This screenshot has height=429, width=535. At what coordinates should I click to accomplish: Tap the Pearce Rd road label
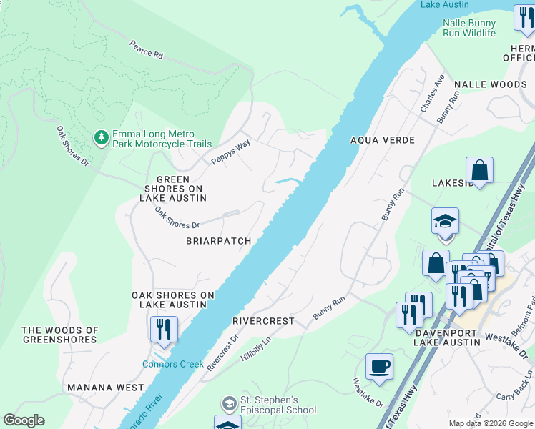[x=147, y=49]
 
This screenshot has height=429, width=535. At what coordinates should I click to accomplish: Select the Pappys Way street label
[x=231, y=152]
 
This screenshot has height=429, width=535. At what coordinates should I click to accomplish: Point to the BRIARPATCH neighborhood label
[x=218, y=241]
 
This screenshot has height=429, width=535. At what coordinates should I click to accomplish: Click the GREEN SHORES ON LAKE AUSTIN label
[x=173, y=189]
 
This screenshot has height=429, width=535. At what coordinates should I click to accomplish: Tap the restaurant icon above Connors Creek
[x=164, y=330]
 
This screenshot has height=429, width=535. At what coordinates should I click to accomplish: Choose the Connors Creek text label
[x=173, y=364]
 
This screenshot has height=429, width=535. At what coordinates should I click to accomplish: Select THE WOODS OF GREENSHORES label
[x=59, y=335]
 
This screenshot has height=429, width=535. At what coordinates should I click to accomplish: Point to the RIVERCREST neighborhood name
[x=263, y=321]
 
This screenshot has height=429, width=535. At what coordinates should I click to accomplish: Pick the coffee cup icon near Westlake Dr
[x=379, y=367]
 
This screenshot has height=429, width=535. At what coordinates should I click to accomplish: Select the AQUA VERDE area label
[x=382, y=140]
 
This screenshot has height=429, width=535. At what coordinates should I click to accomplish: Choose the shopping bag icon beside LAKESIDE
[x=479, y=172]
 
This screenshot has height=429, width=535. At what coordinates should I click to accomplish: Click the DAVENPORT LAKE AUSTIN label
[x=446, y=337]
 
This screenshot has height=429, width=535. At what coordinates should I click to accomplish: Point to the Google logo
[x=24, y=420]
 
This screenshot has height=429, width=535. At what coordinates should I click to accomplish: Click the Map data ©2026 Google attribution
[x=490, y=423]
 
